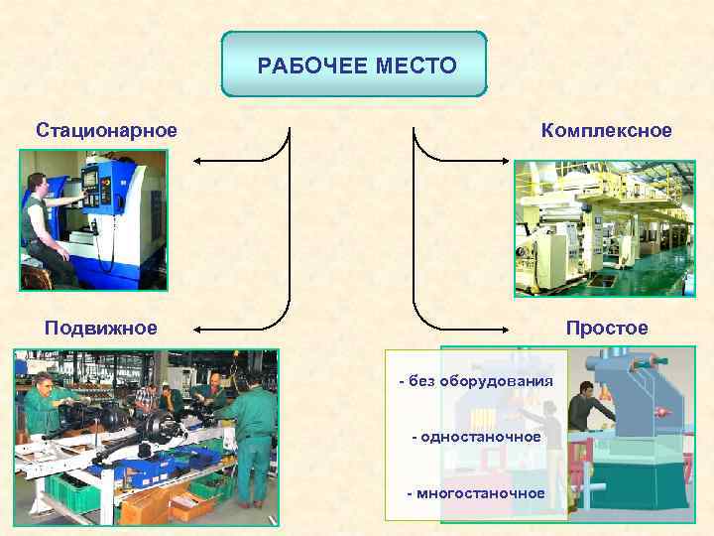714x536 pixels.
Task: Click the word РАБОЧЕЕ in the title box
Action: (x=313, y=67)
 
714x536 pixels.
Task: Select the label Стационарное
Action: (x=107, y=130)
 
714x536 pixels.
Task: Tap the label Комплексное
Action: (x=606, y=130)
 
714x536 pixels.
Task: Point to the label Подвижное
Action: (x=100, y=328)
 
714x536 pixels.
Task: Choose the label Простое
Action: (x=607, y=328)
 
